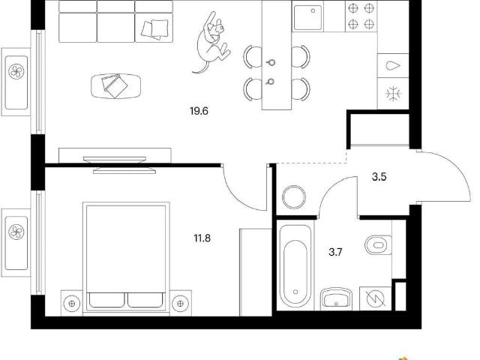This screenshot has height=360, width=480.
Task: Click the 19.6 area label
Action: point(199,111)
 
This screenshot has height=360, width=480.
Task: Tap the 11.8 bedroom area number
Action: point(202,238)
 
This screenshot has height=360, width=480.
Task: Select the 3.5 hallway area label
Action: point(379,177)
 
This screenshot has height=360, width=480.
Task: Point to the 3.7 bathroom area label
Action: point(335,252)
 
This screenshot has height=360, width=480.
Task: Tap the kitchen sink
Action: point(307,17)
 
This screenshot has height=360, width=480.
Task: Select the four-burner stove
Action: point(361,16)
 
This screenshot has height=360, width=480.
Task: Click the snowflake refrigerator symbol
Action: point(393,93)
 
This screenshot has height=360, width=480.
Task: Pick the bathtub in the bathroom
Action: point(295,265)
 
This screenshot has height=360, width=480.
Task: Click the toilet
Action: point(378,245)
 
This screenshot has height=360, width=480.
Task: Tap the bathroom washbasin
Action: point(336,298)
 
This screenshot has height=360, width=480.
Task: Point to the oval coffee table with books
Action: point(116,86)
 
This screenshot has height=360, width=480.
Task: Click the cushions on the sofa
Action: point(155,29)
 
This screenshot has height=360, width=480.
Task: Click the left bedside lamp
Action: point(72,303)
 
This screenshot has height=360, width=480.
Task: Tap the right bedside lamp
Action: point(180,303)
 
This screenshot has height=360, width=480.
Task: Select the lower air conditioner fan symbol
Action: point(16,232)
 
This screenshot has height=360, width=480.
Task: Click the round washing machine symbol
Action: point(294,197)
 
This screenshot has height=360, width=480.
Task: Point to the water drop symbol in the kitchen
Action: point(393,65)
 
